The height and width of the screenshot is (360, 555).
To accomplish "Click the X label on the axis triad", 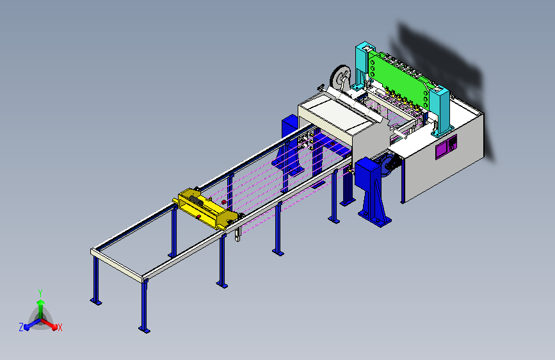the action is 60,327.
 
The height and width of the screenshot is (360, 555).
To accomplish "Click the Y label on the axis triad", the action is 40,293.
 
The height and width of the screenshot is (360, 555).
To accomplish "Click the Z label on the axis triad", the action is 21,327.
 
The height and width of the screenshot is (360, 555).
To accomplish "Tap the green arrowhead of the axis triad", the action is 41,302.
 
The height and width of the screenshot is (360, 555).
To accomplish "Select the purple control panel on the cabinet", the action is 446,146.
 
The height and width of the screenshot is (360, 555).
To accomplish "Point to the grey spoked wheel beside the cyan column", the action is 340,79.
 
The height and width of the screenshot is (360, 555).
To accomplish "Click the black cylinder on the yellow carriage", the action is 196,202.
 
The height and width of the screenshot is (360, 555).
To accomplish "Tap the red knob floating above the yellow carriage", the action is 223,202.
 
